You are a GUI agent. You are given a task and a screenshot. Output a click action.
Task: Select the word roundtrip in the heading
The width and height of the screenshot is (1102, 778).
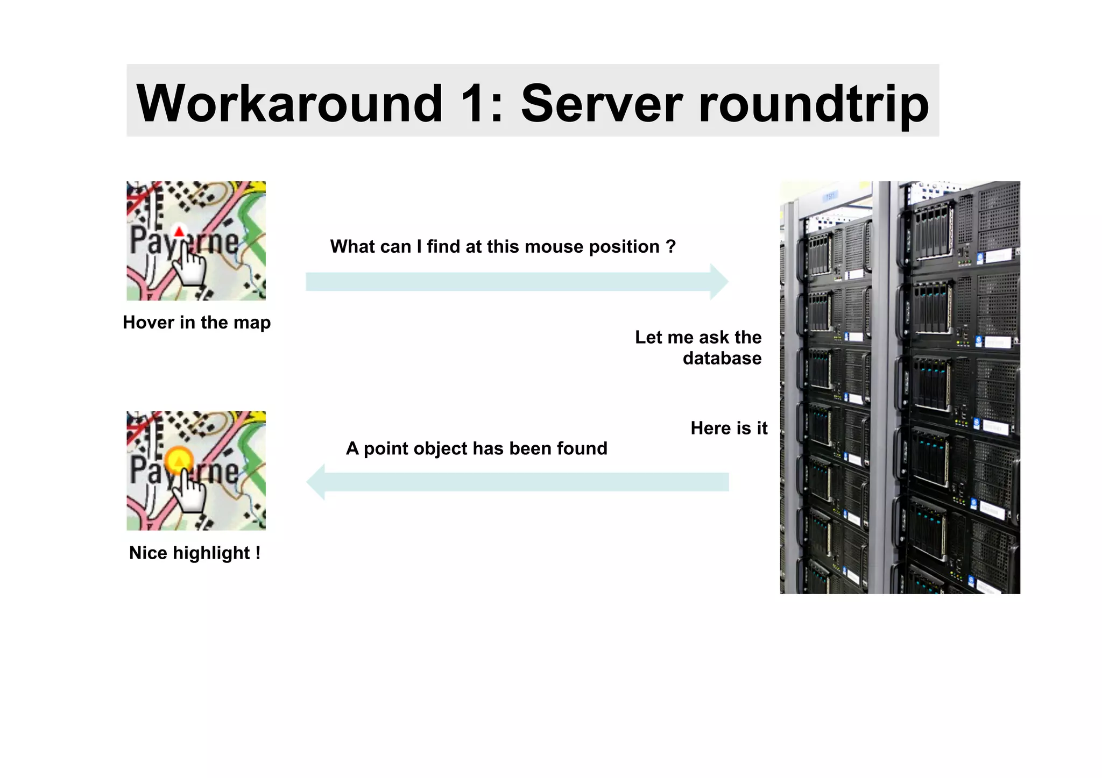[x=814, y=104]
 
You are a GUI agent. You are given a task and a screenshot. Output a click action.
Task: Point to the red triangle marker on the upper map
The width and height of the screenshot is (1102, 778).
[x=179, y=232]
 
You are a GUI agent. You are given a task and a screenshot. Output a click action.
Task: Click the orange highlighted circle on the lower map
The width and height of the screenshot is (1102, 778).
[x=179, y=460]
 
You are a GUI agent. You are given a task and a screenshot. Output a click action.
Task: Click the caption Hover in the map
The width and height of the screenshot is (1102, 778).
[x=196, y=323]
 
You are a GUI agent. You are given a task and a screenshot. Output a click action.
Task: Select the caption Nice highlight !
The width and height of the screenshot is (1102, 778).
[x=195, y=553]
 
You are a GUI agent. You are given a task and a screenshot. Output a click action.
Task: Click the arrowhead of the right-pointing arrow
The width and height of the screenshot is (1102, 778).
[x=719, y=282]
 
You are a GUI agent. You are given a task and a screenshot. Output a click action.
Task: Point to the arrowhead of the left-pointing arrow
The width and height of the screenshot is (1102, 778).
[x=316, y=482]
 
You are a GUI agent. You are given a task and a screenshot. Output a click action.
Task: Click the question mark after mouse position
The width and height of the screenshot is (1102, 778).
[x=670, y=246]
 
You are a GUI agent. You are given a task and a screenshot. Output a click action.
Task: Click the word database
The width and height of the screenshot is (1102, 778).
[x=722, y=359]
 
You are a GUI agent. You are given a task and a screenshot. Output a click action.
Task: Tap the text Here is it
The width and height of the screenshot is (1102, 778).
[x=729, y=428]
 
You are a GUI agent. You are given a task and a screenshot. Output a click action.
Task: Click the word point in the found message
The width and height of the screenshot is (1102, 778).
[x=386, y=448]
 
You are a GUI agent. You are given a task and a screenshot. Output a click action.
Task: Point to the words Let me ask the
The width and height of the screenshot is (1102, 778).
[x=698, y=337]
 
